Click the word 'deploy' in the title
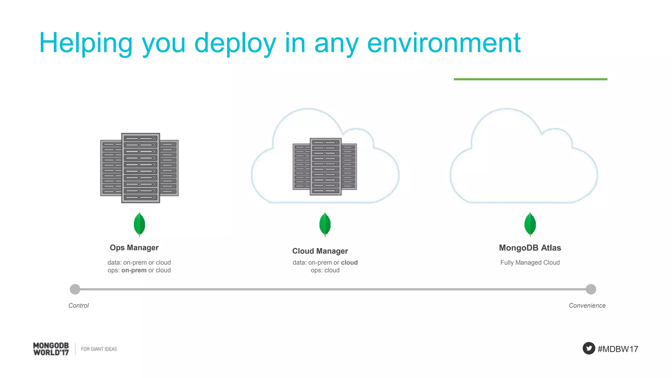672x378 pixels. point(235,43)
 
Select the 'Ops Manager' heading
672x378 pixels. point(134,248)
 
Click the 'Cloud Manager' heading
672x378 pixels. point(320,251)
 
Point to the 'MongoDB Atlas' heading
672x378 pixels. point(530,248)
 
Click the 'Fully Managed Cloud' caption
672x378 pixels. point(530,262)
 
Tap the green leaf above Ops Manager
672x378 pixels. point(139,224)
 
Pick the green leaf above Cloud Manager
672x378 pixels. point(325,224)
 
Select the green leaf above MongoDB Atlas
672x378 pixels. point(530,224)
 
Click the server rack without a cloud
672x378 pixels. point(140,168)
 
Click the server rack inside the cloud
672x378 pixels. point(325,167)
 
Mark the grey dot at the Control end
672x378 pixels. point(75,289)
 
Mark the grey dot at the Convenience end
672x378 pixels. point(591,289)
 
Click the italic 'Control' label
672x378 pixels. point(79,305)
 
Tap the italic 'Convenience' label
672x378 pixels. point(587,305)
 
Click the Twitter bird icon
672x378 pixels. point(589,348)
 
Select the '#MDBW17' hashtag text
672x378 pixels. point(618,349)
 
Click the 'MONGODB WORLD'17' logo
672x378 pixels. point(51,349)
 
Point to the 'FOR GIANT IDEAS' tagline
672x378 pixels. point(99,349)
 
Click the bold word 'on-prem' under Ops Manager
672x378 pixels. point(134,270)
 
